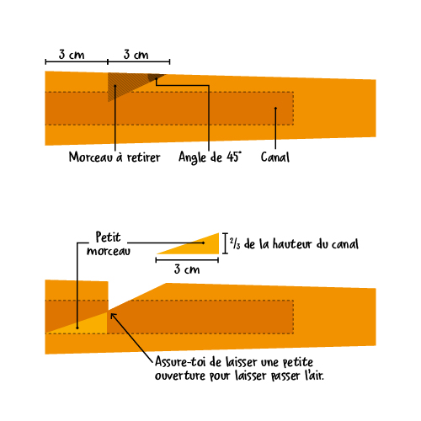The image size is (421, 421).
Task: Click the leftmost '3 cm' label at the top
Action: point(72,54)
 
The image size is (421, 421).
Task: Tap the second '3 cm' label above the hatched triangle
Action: point(136,54)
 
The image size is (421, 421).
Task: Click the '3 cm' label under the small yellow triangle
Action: point(187,269)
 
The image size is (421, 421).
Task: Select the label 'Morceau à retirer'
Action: point(115,157)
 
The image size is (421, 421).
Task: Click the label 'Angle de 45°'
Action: point(210,157)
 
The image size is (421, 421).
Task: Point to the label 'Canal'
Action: point(275,157)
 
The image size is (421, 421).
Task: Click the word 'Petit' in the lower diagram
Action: point(108,237)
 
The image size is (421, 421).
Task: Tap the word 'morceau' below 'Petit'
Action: point(109,251)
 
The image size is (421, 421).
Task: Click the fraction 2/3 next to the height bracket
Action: point(235,243)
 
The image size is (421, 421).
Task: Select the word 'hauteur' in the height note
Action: point(292,244)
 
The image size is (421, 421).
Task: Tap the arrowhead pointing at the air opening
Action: point(113,316)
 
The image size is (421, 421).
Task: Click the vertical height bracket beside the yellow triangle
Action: point(225,243)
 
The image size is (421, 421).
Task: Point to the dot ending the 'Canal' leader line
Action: point(275,108)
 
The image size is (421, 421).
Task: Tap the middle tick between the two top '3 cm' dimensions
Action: point(108,61)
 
